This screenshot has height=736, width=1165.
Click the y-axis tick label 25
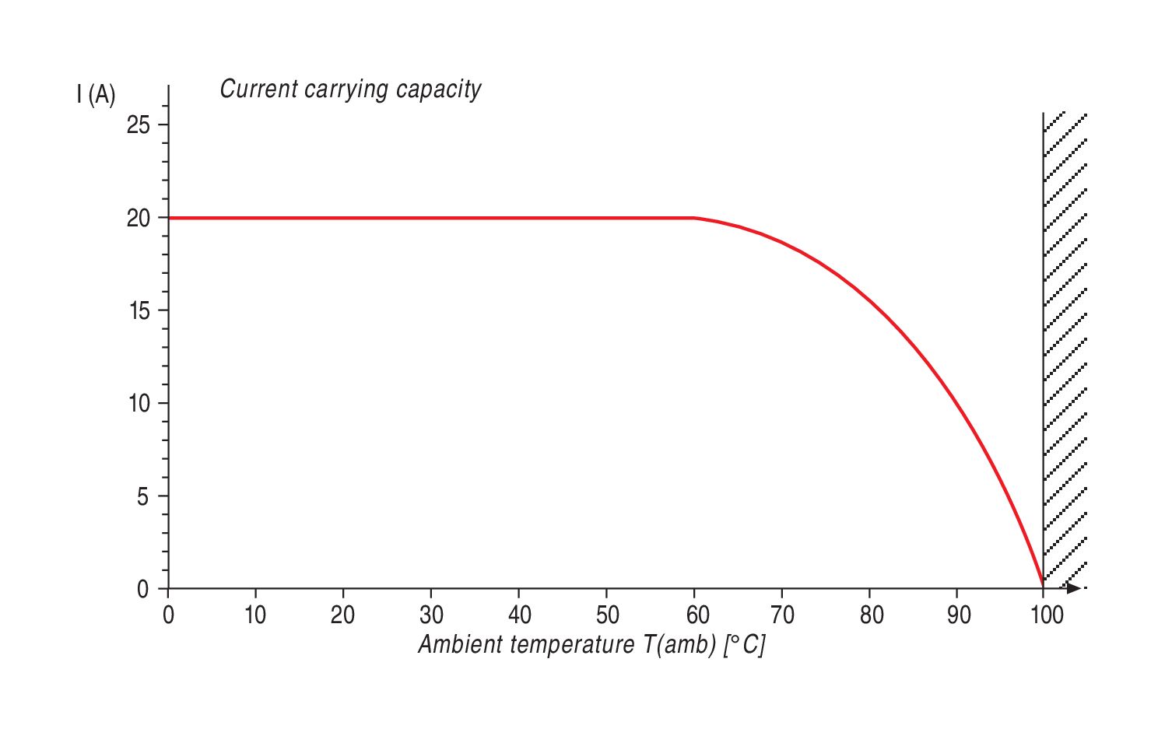138,124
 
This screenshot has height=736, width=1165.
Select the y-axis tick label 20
138,218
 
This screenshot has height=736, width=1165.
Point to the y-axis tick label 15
138,310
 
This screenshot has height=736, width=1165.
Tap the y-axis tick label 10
138,403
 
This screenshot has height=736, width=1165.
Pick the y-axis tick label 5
142,496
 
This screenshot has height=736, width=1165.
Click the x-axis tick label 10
255,615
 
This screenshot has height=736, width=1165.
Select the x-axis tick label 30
431,615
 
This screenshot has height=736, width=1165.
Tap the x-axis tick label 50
607,615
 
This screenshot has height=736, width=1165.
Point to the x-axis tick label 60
697,615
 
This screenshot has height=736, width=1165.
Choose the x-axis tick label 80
872,615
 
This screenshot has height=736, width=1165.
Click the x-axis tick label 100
1047,615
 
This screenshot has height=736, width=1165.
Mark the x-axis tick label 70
783,615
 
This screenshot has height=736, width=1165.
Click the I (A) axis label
96,95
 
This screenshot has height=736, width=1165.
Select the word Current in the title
259,89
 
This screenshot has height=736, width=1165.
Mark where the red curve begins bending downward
695,218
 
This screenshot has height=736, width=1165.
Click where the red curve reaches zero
1043,586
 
